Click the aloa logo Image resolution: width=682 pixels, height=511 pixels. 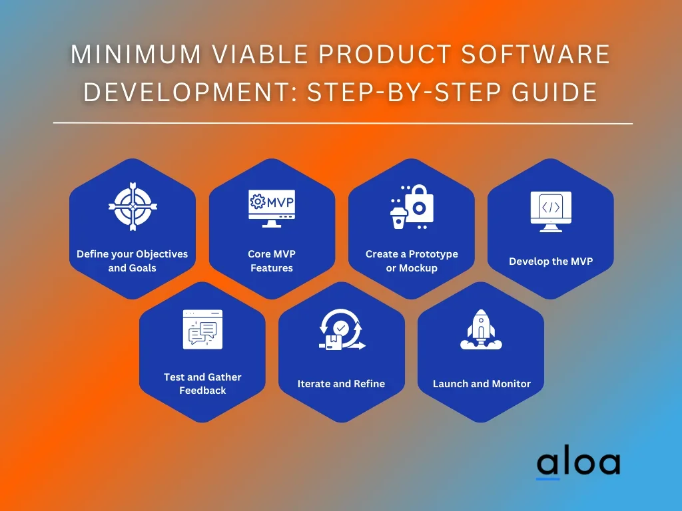[578, 463]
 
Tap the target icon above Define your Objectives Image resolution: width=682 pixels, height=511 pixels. [133, 206]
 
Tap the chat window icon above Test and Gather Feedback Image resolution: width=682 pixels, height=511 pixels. [202, 329]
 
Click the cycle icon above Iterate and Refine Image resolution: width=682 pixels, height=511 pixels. [342, 331]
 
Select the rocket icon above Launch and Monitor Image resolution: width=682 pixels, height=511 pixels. [481, 329]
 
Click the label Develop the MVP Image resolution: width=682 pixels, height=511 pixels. [551, 261]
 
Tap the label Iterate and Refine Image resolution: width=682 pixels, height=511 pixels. [341, 384]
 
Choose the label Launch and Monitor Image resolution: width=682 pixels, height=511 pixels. [482, 384]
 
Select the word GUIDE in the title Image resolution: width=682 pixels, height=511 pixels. [559, 92]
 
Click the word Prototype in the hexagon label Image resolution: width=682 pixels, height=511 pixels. [434, 254]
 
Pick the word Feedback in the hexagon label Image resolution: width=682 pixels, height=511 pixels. [202, 391]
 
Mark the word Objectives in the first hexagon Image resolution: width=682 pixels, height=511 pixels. [162, 254]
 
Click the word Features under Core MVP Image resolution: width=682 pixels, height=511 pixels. [272, 268]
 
